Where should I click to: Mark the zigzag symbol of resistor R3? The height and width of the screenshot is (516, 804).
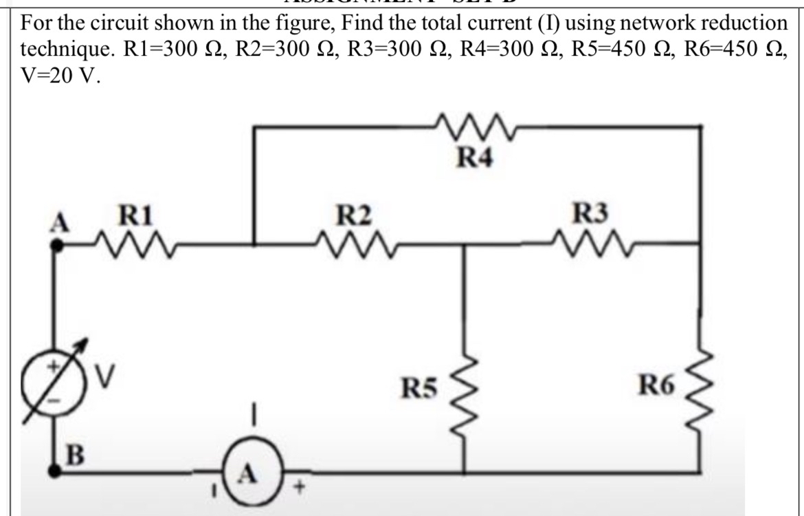coord(591,242)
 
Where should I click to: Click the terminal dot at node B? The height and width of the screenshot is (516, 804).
coord(56,472)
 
